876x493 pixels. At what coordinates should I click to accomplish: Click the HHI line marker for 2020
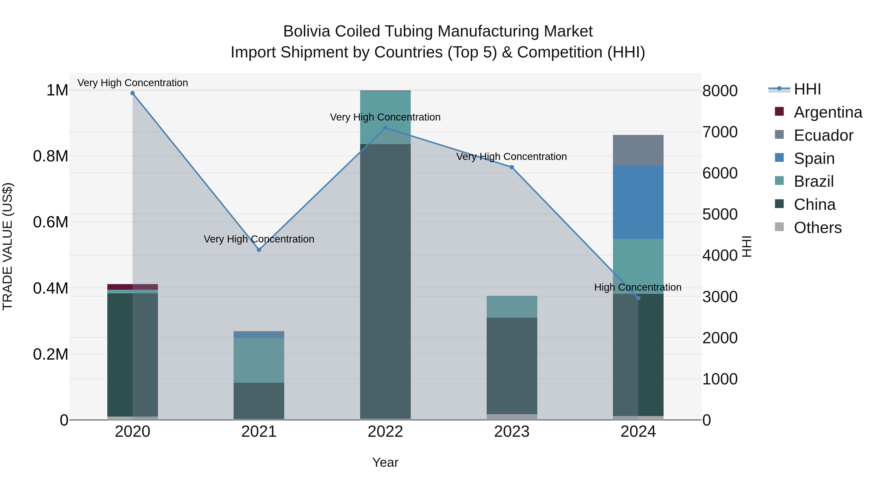(133, 93)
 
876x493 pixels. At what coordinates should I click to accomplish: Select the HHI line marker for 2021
(259, 250)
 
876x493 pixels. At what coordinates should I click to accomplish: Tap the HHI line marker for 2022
(385, 128)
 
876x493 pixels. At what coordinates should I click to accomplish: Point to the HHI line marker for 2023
(512, 167)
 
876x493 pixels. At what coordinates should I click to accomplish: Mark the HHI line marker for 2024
(638, 298)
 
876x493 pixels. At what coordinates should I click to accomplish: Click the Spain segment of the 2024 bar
(638, 203)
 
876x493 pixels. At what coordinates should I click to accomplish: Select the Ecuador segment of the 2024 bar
(638, 150)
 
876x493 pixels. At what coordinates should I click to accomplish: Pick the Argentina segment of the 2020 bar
(133, 287)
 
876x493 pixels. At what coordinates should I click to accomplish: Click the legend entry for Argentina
(828, 112)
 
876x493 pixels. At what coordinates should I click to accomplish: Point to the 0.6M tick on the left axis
(51, 222)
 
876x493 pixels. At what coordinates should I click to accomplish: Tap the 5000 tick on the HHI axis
(720, 214)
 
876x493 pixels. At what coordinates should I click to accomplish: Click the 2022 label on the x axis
(385, 432)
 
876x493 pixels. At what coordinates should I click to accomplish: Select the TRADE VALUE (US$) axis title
(8, 246)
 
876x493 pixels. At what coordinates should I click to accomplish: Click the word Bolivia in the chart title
(307, 31)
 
